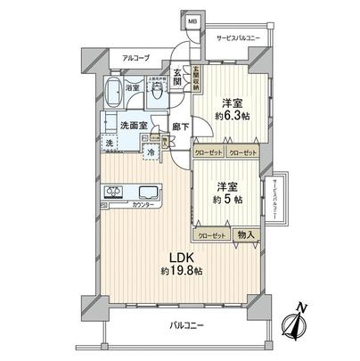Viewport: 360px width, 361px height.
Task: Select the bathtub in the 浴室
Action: pos(115,93)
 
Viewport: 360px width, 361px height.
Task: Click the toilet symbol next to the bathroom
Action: pos(155,94)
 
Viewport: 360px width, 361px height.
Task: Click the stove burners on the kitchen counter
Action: pos(115,191)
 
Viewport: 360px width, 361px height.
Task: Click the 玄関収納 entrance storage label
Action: pos(195,75)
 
